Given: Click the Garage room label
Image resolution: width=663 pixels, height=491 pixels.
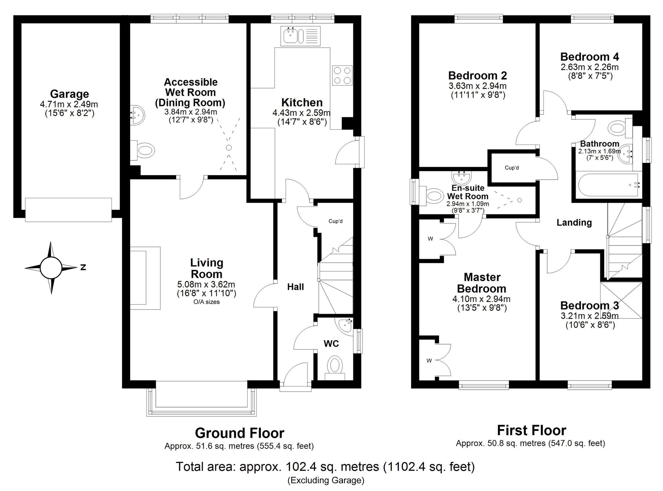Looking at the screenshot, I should (69, 94).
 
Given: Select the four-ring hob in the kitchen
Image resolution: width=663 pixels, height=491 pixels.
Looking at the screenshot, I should (342, 76).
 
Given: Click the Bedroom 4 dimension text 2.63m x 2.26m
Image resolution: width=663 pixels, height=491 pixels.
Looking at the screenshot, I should (590, 67).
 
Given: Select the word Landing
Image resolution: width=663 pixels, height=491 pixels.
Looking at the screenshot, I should (574, 223).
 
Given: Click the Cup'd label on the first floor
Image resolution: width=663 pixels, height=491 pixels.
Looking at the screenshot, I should (512, 168).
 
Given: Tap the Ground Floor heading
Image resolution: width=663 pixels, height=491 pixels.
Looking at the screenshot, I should (240, 433).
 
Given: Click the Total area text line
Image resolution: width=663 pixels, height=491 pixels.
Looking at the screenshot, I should (325, 467).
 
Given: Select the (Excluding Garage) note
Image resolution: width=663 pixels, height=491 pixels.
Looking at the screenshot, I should (326, 480).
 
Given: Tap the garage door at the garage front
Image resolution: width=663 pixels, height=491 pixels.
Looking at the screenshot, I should (69, 210).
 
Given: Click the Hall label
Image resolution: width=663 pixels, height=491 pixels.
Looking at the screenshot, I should (295, 287).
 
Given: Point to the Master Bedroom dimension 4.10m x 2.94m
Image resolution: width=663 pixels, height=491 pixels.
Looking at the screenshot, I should (481, 299).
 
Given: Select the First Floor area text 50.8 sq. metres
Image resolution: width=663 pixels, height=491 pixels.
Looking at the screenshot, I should (530, 444).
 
